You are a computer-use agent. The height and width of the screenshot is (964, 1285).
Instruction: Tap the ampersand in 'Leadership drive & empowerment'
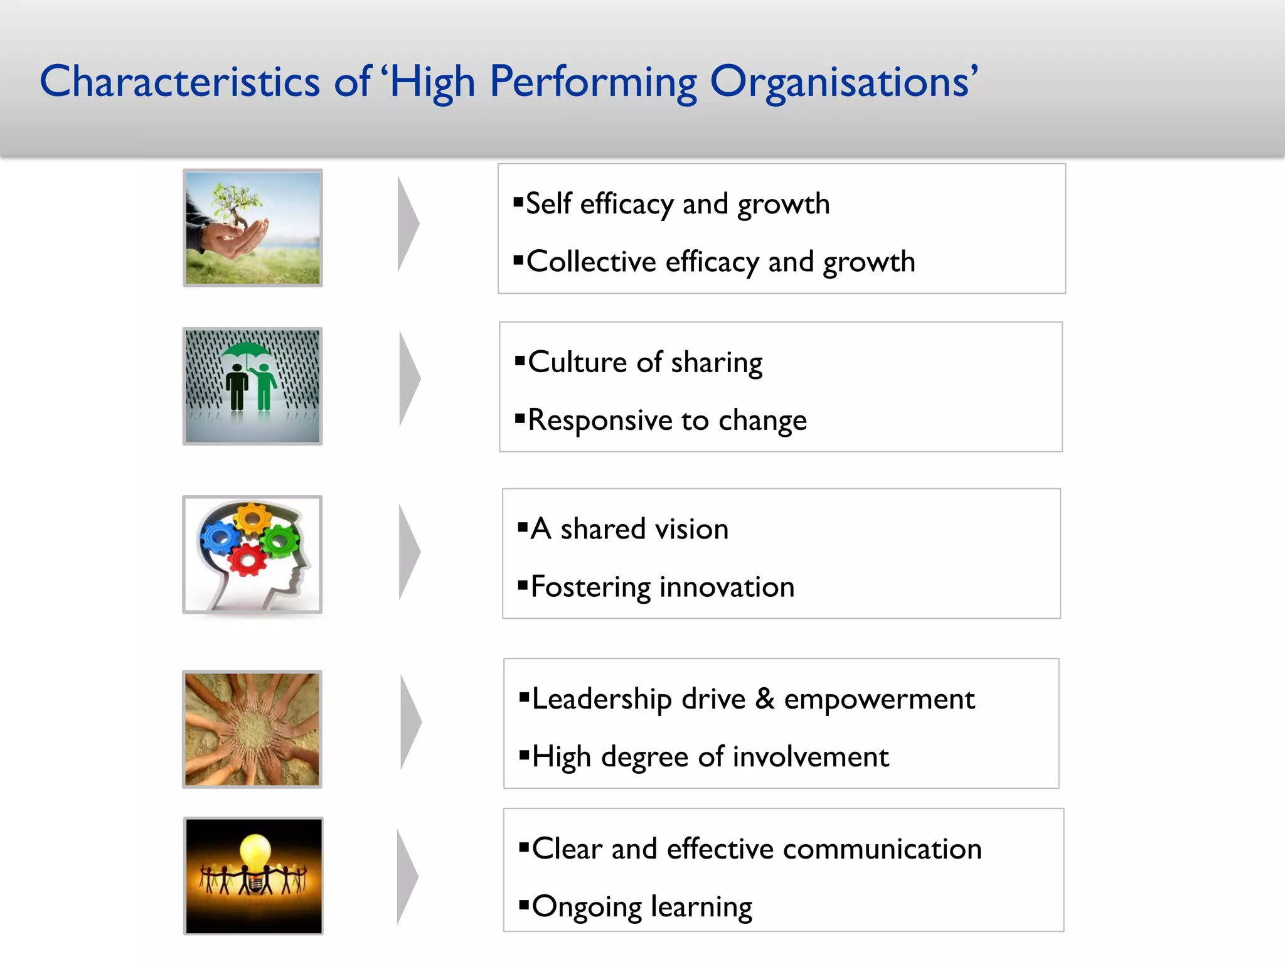coord(765,699)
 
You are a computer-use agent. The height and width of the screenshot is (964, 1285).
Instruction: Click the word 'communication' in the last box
coord(882,849)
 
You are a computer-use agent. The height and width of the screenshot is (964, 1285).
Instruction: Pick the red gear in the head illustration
coord(247,559)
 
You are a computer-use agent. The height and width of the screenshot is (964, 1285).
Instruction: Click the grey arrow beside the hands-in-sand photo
coord(410,722)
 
